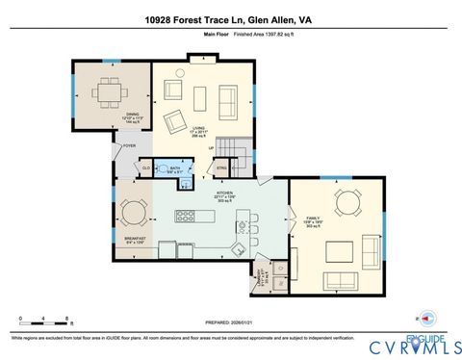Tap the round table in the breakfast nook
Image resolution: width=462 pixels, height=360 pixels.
click(x=133, y=213)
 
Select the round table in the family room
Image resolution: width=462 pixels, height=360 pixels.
click(x=347, y=203)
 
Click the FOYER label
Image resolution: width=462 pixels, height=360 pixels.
click(x=129, y=146)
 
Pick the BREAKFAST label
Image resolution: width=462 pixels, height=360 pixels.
click(x=134, y=238)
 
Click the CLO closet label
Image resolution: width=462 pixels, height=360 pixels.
click(x=147, y=167)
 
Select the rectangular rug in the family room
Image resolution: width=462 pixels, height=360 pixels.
click(x=343, y=252)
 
